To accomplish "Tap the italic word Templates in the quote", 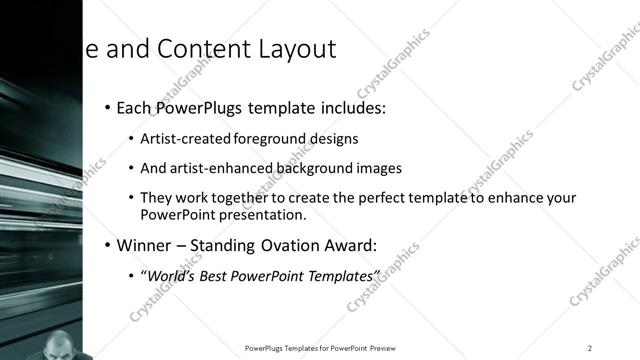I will (x=344, y=275).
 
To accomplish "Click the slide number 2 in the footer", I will (x=590, y=348).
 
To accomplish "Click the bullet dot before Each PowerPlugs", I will (x=108, y=107).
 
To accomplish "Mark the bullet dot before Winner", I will (x=108, y=245).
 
